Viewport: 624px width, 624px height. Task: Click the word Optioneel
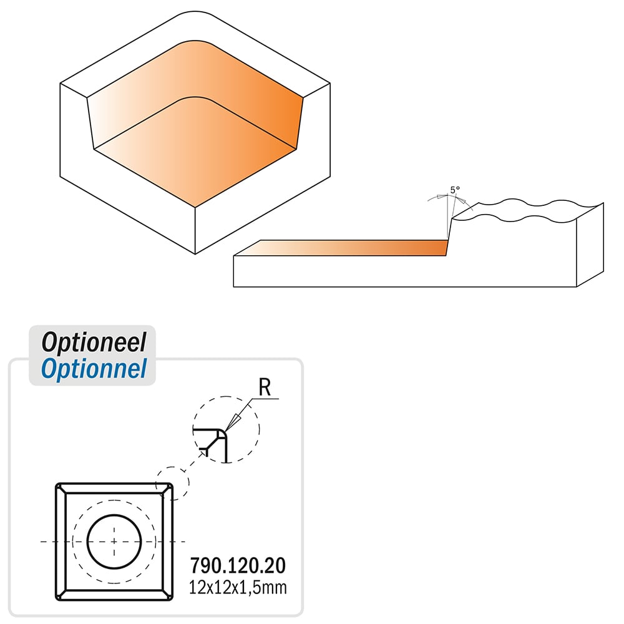coord(94,342)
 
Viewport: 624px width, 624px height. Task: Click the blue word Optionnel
coord(94,369)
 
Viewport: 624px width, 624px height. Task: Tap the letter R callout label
coord(265,388)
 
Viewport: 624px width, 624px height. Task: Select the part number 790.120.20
coord(238,565)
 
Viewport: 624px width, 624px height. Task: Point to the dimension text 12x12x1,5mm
coord(238,588)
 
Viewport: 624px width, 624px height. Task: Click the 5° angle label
coord(455,190)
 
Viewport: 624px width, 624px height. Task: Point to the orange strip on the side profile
coord(342,248)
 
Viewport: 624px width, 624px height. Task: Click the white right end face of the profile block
coord(590,245)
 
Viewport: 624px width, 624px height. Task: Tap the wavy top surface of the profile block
coord(529,210)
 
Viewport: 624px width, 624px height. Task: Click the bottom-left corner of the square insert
coord(57,600)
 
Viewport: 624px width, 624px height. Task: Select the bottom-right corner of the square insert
coord(172,600)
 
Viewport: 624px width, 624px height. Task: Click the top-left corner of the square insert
coord(57,484)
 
